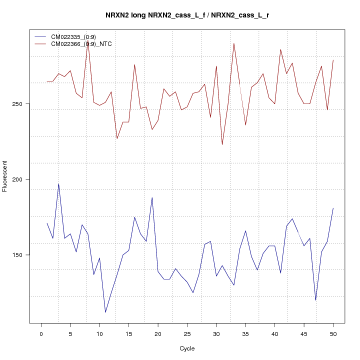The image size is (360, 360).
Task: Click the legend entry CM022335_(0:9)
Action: click(76, 37)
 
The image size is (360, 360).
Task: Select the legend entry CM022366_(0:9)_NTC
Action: click(84, 44)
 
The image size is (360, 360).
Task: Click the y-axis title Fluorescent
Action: click(5, 176)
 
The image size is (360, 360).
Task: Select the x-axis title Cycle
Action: click(187, 348)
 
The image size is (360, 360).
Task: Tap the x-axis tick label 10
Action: click(99, 333)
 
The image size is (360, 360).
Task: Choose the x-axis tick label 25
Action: click(187, 333)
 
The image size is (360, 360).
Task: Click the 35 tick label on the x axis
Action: click(245, 333)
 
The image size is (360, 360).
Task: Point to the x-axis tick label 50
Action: click(333, 333)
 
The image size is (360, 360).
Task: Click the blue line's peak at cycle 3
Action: click(58, 184)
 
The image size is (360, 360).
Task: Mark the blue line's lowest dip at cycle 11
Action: click(105, 312)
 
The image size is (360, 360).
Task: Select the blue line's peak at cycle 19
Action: click(152, 197)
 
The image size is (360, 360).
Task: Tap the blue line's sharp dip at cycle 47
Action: click(315, 300)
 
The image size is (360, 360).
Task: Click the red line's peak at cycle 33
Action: click(233, 43)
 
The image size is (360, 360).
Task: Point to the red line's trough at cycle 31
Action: click(222, 144)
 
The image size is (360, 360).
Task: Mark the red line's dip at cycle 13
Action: click(117, 138)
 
